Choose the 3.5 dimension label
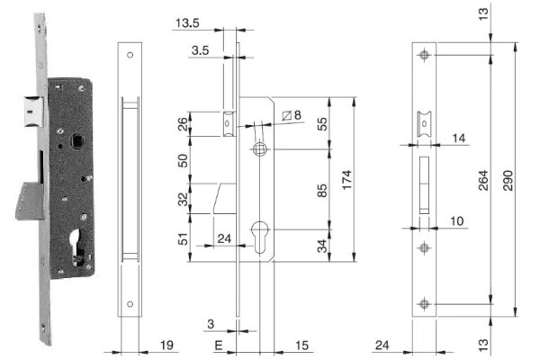202,51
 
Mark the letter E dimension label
219,345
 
